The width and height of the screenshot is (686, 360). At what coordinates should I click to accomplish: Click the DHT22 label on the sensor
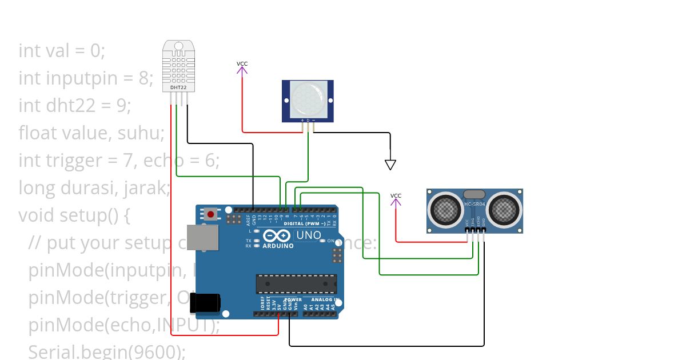click(x=178, y=87)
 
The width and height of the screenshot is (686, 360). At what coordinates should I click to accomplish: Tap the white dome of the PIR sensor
click(x=307, y=97)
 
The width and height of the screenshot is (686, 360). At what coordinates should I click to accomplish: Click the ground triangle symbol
click(x=390, y=165)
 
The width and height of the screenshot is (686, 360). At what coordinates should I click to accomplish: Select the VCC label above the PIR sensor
click(x=242, y=63)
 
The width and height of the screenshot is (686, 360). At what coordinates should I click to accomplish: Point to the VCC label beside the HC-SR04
click(x=396, y=196)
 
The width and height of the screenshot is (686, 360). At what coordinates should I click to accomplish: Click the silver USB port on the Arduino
click(x=202, y=237)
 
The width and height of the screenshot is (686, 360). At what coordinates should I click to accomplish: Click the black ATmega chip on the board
click(x=296, y=283)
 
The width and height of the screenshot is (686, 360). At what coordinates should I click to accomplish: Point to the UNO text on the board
click(x=308, y=235)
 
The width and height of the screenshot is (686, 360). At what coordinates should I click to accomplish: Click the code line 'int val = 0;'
click(x=62, y=51)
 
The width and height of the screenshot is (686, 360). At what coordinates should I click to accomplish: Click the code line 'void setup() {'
click(x=75, y=215)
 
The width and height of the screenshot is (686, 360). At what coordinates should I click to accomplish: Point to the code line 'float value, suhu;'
click(x=91, y=133)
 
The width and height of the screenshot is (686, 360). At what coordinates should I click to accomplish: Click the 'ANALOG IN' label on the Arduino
click(x=325, y=299)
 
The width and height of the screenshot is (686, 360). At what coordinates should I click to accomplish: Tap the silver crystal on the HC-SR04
click(x=474, y=195)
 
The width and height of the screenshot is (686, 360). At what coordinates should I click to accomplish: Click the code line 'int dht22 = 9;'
click(x=75, y=106)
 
